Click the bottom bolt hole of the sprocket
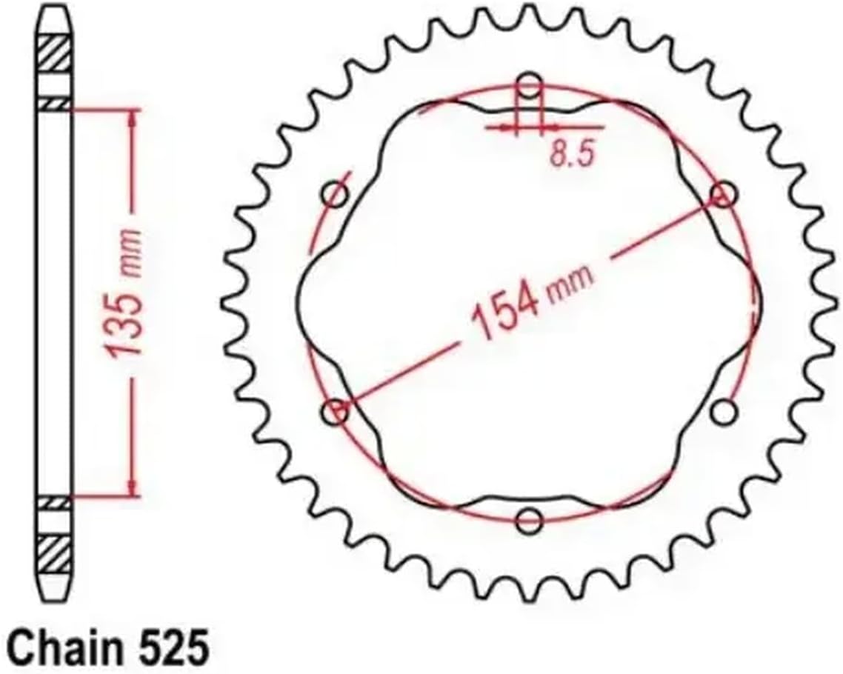(x=529, y=521)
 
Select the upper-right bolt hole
(x=722, y=195)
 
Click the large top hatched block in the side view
(x=56, y=53)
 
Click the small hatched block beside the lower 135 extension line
(x=56, y=502)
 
